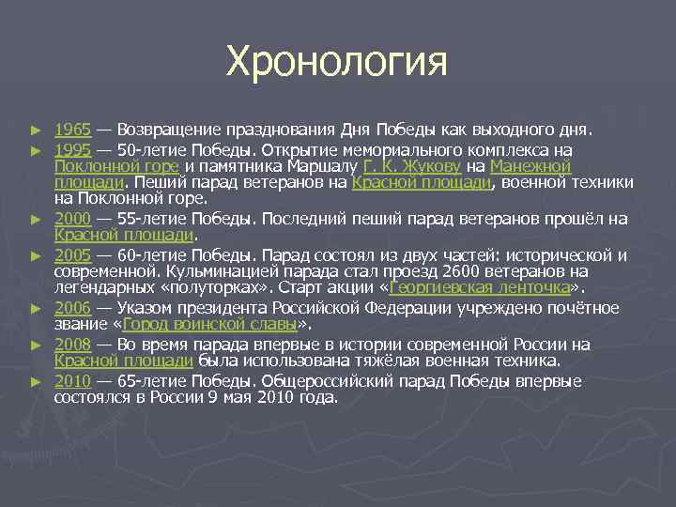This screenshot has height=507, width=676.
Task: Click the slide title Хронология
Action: tap(337, 63)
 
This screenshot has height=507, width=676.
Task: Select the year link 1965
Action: tap(72, 128)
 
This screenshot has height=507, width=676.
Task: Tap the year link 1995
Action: tap(72, 150)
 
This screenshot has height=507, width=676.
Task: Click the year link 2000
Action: tap(72, 219)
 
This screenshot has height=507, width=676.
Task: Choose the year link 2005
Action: tap(72, 255)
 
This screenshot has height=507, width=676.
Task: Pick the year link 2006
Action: tap(72, 308)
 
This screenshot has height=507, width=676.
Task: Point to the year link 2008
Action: tap(72, 345)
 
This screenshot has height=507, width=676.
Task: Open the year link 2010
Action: tap(72, 381)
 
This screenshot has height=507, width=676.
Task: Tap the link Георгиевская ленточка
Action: tap(479, 287)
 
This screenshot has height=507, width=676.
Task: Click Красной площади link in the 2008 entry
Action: tap(124, 361)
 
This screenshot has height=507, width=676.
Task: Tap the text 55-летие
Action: tap(160, 219)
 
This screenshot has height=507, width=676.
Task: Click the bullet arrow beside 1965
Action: tap(36, 129)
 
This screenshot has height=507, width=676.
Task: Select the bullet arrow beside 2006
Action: tap(36, 309)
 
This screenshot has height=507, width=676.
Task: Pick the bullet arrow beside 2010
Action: tap(36, 382)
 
